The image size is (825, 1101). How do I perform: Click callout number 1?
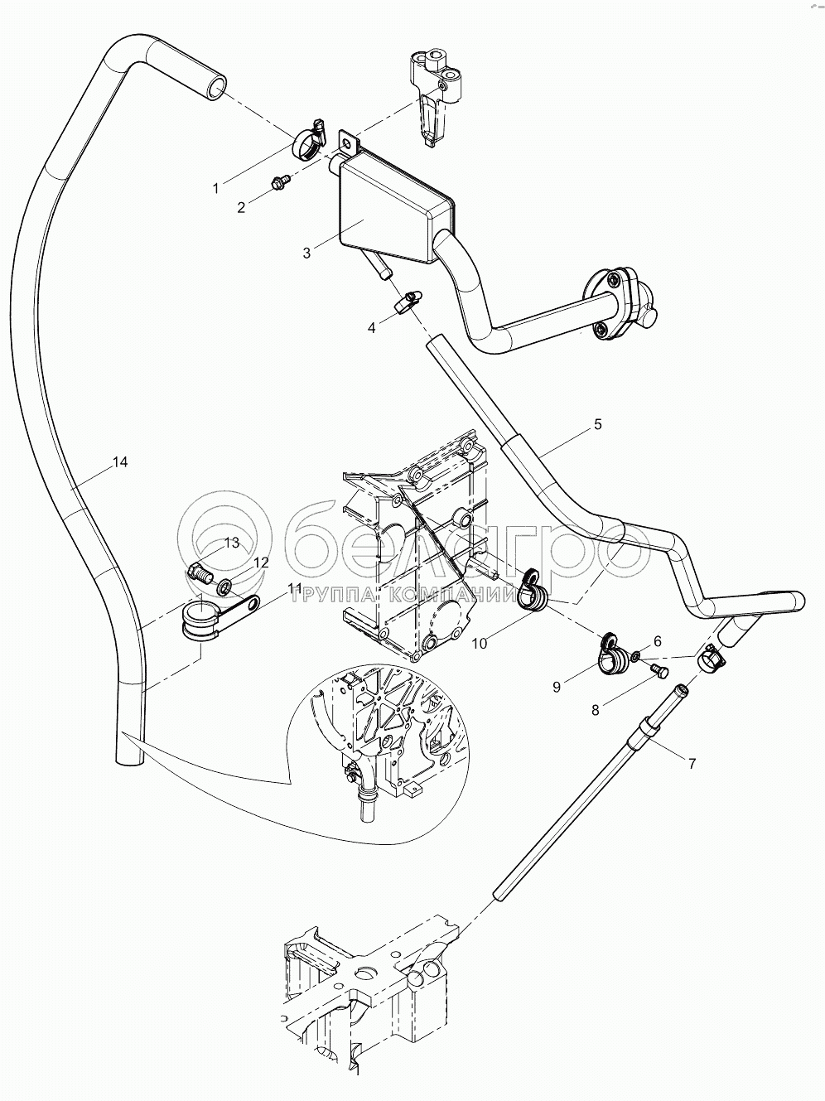click(216, 188)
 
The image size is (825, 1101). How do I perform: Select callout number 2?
click(241, 208)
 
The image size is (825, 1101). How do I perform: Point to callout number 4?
click(372, 328)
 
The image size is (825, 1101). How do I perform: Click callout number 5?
click(598, 425)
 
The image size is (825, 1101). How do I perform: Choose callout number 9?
click(557, 686)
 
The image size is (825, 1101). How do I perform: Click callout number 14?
click(120, 462)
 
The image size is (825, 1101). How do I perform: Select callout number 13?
click(231, 543)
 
